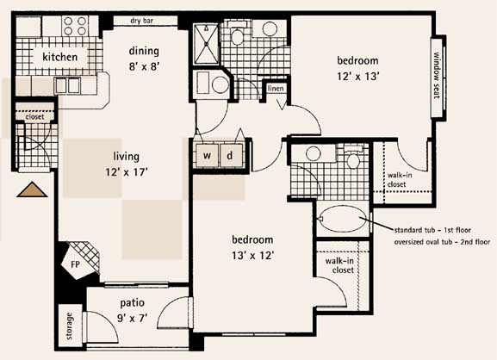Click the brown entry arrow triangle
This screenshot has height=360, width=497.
tap(32, 189)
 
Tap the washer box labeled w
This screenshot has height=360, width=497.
tap(207, 155)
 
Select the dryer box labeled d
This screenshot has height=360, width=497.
tap(232, 155)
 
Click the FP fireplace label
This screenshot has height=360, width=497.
tap(75, 264)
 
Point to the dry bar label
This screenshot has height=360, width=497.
tap(141, 21)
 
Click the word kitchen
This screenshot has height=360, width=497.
tap(60, 57)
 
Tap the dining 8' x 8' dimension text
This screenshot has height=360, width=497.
tap(144, 66)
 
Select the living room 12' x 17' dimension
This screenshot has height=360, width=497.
tap(127, 172)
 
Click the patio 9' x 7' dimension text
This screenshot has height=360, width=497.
tap(132, 318)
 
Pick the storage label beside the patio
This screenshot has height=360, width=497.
tap(69, 326)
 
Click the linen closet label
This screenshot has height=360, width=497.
tap(276, 89)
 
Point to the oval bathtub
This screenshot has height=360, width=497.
tap(344, 219)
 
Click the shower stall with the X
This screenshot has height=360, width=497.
tap(207, 43)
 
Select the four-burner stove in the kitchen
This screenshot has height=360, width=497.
tap(75, 26)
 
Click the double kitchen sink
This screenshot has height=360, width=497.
tap(67, 85)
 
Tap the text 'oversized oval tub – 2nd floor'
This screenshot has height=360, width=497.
tap(442, 242)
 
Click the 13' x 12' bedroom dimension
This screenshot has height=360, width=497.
tap(252, 256)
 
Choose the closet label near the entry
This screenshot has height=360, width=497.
tap(34, 117)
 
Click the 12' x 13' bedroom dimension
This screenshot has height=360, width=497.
tap(358, 77)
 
